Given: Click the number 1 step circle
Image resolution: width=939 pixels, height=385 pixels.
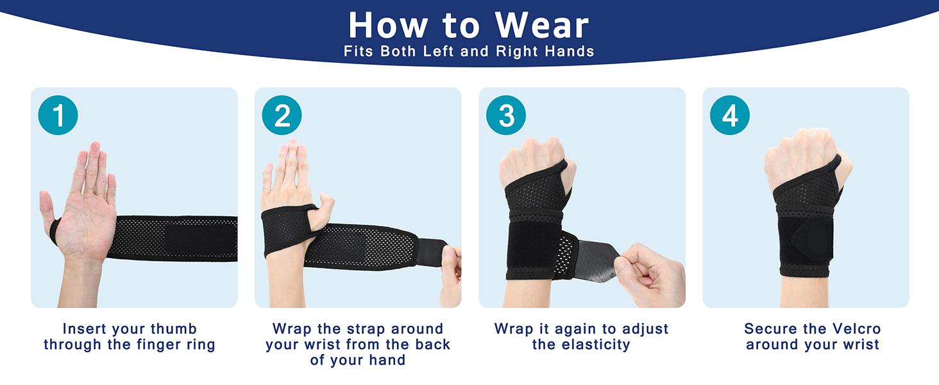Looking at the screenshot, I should (x=58, y=116).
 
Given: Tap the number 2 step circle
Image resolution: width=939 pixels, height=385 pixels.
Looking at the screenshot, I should (x=282, y=116).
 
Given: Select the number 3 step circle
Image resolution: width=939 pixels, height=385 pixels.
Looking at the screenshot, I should (x=505, y=116).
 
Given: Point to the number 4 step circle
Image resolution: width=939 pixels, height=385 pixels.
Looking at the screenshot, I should (x=729, y=116).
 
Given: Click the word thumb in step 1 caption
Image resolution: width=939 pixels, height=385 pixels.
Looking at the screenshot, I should (x=173, y=329).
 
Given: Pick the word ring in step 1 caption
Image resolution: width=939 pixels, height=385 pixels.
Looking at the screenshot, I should (x=199, y=345).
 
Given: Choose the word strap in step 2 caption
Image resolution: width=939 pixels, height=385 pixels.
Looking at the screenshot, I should (x=358, y=329).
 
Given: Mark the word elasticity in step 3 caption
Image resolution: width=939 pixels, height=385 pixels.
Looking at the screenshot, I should (x=581, y=345).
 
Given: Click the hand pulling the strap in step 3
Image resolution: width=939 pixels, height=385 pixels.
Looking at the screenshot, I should (x=648, y=269).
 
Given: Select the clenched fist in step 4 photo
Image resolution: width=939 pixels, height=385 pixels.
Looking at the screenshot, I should (x=799, y=157).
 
